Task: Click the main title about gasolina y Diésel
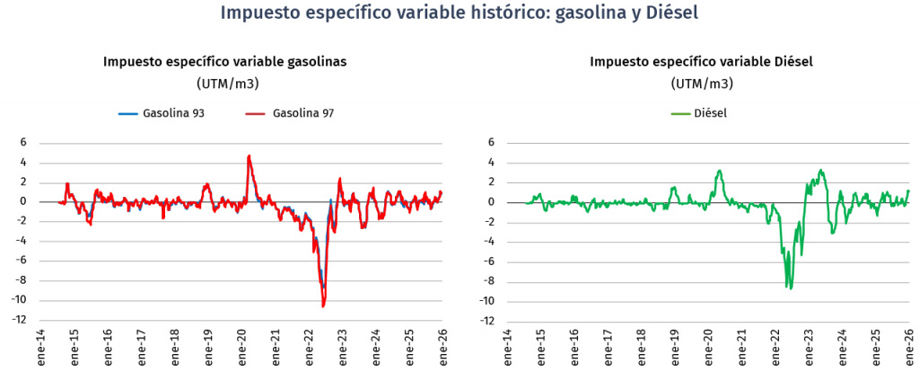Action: [459, 14]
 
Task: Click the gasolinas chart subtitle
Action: [225, 62]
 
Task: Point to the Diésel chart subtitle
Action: [701, 62]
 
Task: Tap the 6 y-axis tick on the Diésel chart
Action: [493, 143]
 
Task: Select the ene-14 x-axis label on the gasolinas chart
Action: [40, 346]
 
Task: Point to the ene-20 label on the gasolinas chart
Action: [241, 346]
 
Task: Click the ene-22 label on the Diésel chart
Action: [775, 346]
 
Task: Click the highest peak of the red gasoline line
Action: [249, 156]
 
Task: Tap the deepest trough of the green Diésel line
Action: [790, 288]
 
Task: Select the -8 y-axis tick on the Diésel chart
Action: [490, 281]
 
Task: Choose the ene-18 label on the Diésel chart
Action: [642, 346]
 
